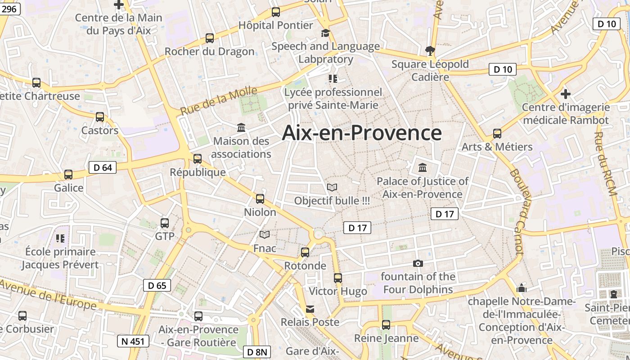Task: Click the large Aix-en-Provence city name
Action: [362, 133]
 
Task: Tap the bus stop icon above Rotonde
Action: [305, 252]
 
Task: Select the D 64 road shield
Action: [102, 168]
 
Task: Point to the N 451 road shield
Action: [133, 341]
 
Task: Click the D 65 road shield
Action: [157, 285]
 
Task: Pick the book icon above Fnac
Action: [265, 235]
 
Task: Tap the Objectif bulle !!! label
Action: [332, 201]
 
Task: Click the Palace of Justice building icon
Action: [423, 168]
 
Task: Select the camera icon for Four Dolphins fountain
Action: [418, 263]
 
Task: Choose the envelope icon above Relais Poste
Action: [310, 309]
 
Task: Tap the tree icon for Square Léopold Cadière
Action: [430, 50]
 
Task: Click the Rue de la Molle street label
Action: [219, 101]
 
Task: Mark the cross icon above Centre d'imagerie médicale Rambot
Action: [566, 94]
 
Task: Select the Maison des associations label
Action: [241, 148]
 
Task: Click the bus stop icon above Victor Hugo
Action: [338, 278]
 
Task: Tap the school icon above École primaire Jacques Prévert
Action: [60, 238]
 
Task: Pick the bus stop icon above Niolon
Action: [260, 198]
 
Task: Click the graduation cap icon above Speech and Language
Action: [325, 33]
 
